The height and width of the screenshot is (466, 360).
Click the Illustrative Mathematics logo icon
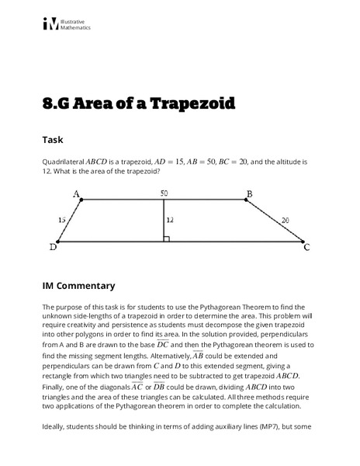click(50, 25)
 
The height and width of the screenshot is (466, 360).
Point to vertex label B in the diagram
click(250, 193)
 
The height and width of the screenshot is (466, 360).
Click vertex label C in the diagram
click(306, 248)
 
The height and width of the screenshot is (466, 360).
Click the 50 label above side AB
click(164, 193)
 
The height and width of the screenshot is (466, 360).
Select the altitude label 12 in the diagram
click(170, 220)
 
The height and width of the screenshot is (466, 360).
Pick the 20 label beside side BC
click(285, 221)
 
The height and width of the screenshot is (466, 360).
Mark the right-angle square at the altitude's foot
click(166, 238)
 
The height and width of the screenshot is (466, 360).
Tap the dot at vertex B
click(246, 200)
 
